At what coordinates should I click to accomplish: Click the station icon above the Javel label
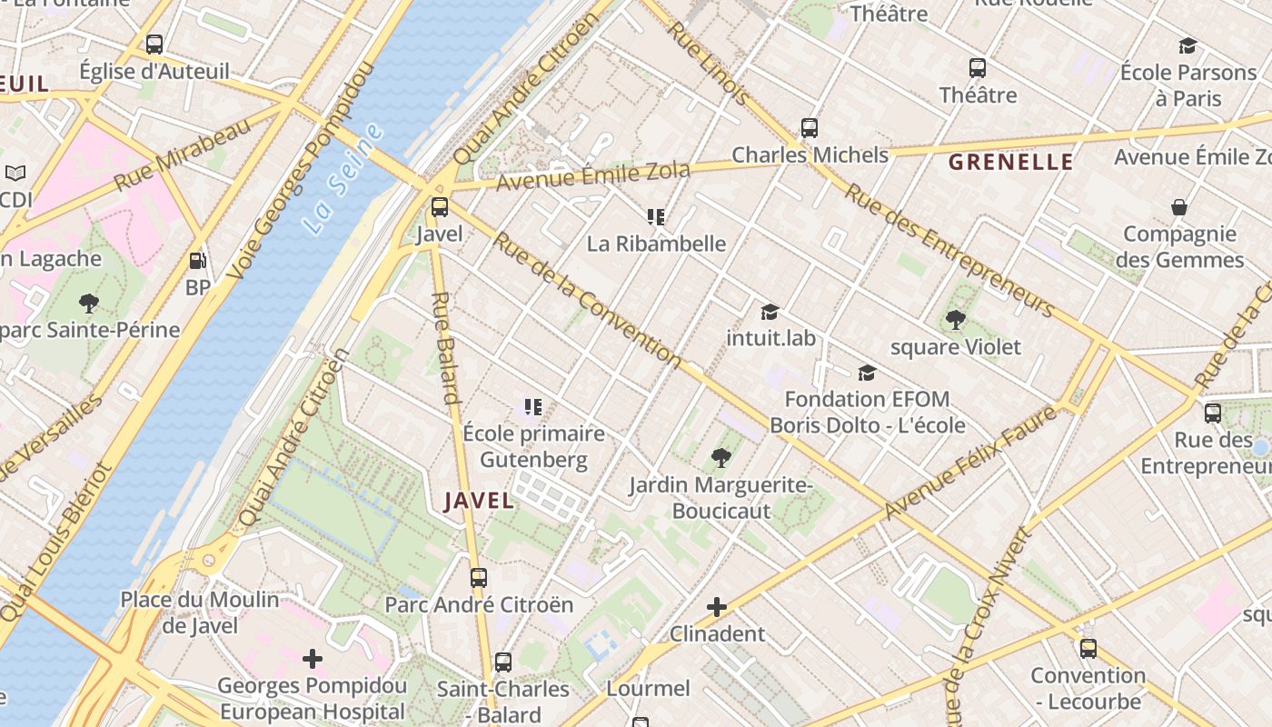tap(440, 207)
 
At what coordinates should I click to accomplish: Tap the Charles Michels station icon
tap(810, 128)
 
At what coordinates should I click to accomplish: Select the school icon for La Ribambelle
tap(656, 216)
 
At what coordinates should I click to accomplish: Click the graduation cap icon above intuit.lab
tap(770, 312)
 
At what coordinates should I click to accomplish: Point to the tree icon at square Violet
tap(955, 320)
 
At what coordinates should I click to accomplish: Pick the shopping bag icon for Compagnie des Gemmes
tap(1179, 207)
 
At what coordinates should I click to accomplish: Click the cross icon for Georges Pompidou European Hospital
tap(313, 658)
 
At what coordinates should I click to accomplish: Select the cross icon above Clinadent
tap(717, 606)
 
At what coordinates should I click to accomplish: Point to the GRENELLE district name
tap(1011, 163)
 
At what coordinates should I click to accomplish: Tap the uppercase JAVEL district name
tap(479, 501)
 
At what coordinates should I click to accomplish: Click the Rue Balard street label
tap(444, 346)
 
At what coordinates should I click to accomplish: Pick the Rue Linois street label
tap(709, 62)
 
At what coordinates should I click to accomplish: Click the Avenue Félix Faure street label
tap(971, 463)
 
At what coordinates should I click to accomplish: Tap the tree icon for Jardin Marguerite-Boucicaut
tap(721, 458)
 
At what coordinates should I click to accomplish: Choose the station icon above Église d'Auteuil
tap(154, 44)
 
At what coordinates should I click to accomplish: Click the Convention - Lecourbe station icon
tap(1088, 649)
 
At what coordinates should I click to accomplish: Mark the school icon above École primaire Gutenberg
tap(533, 407)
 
